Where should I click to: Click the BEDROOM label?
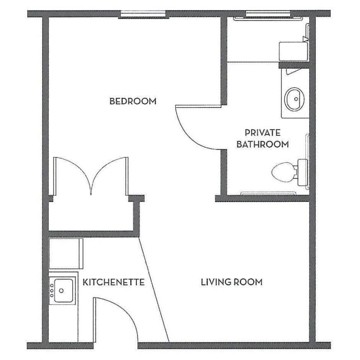click(x=133, y=101)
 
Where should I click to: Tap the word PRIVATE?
click(x=262, y=133)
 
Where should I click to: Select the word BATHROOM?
click(x=262, y=145)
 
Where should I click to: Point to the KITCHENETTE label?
click(x=114, y=282)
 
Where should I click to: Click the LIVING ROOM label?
click(x=231, y=282)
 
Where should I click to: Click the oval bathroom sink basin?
click(x=294, y=98)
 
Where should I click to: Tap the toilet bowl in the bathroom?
click(x=283, y=170)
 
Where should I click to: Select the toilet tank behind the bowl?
click(x=301, y=170)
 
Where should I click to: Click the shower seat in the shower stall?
click(x=293, y=51)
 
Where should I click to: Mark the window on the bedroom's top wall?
click(x=145, y=15)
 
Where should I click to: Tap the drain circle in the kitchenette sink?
click(x=62, y=290)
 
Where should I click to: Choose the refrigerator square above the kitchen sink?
click(x=65, y=253)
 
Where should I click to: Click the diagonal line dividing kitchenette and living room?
click(x=154, y=289)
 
